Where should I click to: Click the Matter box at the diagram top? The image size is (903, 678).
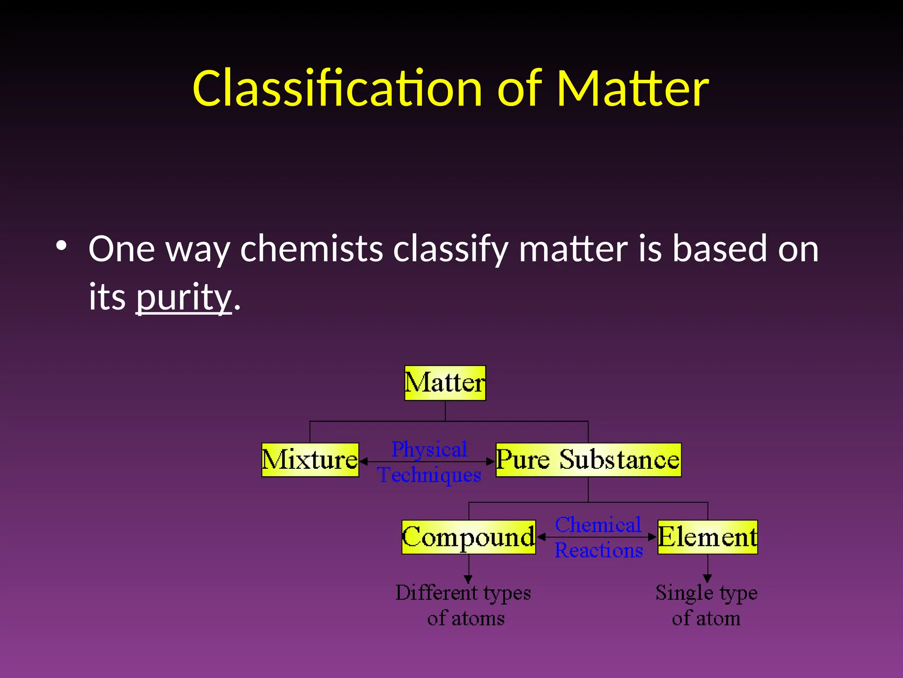445,383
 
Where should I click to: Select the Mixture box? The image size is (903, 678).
310,460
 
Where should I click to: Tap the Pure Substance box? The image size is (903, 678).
588,460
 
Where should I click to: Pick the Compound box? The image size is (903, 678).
468,537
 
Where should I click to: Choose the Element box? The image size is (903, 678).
707,537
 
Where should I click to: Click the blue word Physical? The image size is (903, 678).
429,450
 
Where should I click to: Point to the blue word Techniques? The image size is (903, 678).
429,475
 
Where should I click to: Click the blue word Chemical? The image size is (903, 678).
598,525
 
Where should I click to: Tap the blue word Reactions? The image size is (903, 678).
598,550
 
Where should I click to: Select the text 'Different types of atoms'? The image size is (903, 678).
464,605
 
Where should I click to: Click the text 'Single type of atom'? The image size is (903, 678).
706,605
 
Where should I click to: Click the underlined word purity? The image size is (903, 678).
183,297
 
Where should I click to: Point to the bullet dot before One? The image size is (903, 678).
61,246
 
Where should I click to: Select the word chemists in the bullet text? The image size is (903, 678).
311,249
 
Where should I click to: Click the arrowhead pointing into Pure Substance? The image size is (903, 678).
491,462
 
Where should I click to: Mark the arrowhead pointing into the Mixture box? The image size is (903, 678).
364,462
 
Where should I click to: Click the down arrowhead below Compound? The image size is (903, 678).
468,579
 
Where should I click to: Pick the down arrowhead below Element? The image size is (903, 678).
707,578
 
